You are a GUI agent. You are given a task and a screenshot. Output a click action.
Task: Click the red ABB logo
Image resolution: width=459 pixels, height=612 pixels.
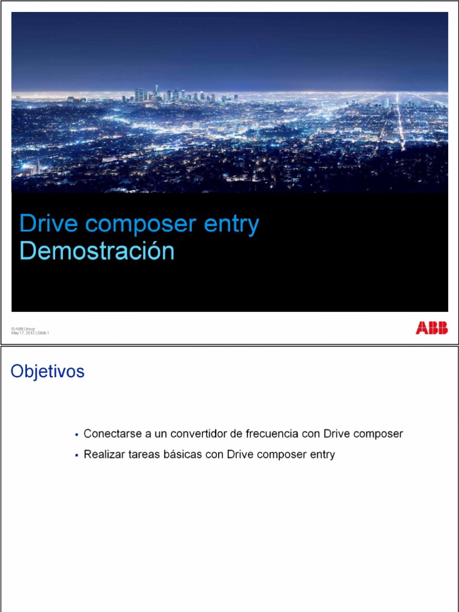point(432,328)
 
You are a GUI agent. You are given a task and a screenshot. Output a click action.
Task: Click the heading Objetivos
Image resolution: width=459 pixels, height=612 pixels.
point(48,372)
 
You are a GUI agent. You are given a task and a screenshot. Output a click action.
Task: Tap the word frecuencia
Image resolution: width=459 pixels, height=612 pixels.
point(265,433)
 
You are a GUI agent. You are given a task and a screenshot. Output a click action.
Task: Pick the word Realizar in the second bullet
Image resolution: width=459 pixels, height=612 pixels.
point(102,455)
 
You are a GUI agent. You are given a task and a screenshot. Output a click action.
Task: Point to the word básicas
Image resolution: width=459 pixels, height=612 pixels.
point(182,455)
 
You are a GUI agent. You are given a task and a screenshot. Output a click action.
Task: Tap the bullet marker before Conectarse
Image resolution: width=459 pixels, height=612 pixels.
point(77,434)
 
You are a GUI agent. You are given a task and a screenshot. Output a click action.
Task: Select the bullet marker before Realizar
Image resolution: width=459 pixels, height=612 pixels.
point(77,456)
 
